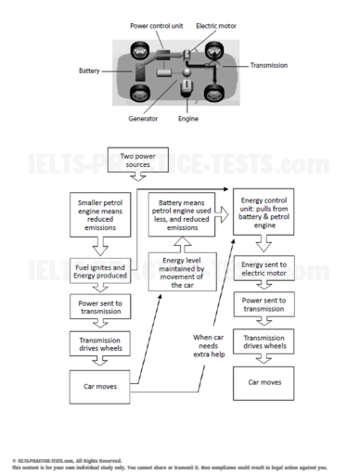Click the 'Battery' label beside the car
tap(90, 70)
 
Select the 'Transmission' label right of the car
tap(268, 66)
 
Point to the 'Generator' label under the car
tap(143, 119)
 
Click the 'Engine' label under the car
tap(188, 119)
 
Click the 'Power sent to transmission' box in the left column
tap(98, 307)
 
